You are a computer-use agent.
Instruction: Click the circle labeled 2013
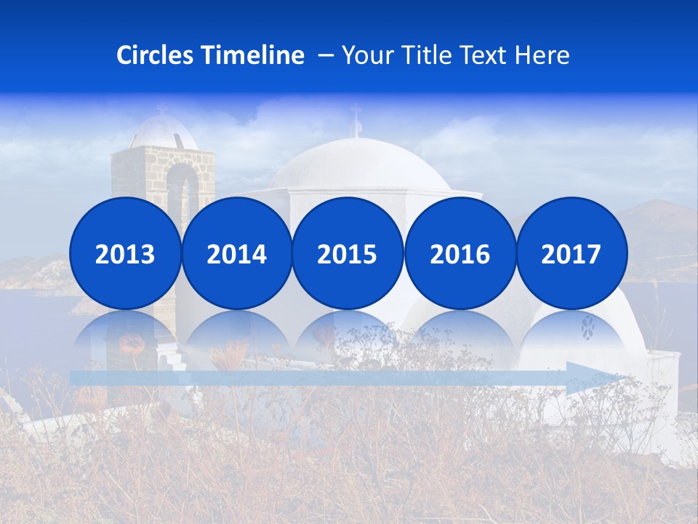(x=125, y=253)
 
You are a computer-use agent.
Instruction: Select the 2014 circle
(x=236, y=253)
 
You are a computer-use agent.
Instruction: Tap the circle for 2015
(x=348, y=253)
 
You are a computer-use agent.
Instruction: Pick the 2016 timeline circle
(x=460, y=253)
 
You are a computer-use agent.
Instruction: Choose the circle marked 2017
(x=571, y=253)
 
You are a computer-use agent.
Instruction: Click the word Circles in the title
(x=154, y=55)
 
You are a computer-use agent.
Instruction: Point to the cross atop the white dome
(x=356, y=120)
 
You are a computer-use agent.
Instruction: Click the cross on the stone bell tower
(x=161, y=109)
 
